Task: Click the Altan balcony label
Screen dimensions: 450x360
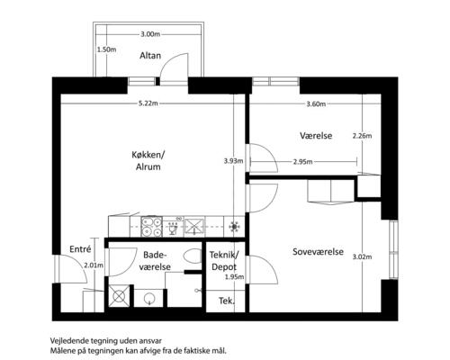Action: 150,56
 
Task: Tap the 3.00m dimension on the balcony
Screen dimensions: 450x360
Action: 150,34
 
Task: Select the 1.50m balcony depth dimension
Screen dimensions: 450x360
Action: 106,49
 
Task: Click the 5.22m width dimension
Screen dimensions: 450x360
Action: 148,103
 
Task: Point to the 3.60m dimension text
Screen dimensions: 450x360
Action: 316,104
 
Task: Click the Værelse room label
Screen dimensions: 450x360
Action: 316,136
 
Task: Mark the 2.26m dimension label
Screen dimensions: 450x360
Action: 362,136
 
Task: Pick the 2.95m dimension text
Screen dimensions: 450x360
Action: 302,162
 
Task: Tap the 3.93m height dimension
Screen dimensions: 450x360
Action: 233,161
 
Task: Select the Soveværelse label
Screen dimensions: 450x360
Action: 318,251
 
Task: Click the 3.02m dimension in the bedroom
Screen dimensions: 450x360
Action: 362,256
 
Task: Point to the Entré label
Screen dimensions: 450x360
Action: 80,249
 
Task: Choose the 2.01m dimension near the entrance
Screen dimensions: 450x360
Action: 94,265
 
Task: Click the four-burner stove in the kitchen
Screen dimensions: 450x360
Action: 151,227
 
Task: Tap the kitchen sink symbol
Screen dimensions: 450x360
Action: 193,226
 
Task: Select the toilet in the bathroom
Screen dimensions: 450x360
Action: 193,256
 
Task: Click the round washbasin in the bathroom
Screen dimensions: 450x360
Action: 149,299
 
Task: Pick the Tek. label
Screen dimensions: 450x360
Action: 227,301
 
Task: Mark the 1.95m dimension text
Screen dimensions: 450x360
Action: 234,277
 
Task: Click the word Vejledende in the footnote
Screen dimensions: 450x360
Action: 67,341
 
